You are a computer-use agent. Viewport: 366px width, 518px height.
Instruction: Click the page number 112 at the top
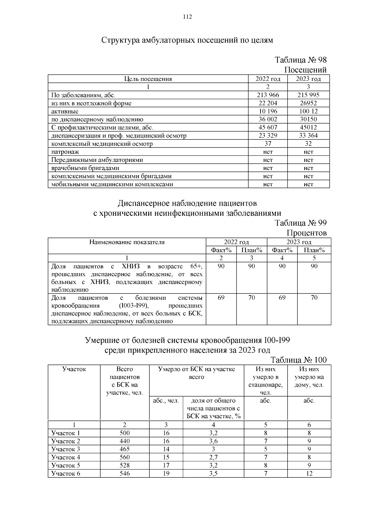187,17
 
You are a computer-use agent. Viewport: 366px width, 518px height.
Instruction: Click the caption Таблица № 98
300,60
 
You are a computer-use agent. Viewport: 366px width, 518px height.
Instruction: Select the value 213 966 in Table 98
268,95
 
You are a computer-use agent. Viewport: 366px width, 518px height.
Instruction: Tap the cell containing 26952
308,103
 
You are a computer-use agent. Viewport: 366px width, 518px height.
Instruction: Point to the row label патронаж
65,152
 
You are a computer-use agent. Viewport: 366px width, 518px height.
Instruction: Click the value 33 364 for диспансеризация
308,136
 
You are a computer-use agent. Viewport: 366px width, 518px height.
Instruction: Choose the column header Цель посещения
148,79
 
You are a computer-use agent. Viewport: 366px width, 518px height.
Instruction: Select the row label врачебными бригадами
85,168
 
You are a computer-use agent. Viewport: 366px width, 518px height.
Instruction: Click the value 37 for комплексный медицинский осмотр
268,143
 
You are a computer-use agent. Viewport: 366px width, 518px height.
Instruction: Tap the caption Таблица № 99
300,223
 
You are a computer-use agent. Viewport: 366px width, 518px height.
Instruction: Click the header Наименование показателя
127,242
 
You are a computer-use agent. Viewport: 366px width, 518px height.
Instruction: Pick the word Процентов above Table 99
307,233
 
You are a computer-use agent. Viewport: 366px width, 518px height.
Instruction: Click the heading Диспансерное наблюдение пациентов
187,203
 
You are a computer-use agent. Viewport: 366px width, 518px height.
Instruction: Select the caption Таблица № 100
298,360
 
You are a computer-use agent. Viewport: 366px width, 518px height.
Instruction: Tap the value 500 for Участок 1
124,433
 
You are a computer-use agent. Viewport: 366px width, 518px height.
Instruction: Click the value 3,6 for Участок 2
213,441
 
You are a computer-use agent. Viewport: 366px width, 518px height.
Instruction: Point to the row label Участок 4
66,457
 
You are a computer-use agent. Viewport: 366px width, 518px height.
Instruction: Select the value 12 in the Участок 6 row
309,473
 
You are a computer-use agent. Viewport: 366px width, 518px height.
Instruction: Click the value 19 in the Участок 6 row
166,473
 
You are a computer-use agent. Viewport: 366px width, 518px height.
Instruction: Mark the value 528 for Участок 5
124,465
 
